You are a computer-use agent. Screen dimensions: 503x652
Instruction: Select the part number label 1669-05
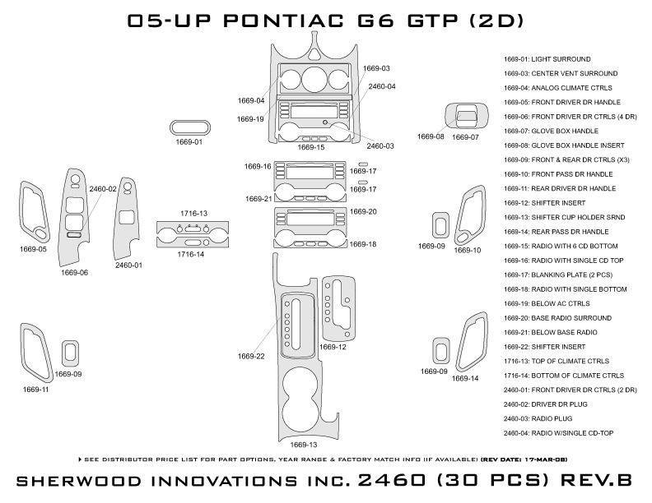[31, 248]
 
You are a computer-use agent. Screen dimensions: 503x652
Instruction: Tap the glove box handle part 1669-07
[464, 118]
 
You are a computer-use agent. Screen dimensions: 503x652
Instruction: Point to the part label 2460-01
[128, 265]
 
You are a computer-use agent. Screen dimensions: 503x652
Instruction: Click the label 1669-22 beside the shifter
[251, 356]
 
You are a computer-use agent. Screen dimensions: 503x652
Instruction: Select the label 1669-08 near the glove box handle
[430, 136]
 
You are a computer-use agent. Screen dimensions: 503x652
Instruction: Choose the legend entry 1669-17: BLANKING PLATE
[551, 275]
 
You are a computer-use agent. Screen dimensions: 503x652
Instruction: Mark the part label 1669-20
[362, 212]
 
